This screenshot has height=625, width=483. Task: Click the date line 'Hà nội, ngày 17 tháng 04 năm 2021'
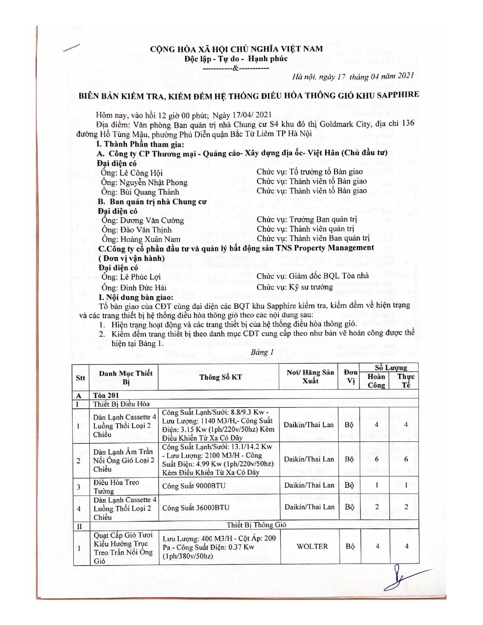(x=353, y=76)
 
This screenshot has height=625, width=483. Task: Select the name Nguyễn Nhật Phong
(x=153, y=182)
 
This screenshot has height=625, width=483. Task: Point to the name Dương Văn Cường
(x=152, y=220)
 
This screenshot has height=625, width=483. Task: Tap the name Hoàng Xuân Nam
(x=150, y=239)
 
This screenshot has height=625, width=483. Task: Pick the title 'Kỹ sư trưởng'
(x=311, y=287)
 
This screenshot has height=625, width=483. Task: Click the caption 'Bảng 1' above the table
(x=262, y=352)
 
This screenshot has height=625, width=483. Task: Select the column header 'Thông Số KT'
(x=220, y=377)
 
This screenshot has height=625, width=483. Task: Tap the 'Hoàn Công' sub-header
(x=376, y=381)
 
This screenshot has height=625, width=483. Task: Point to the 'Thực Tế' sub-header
(x=406, y=381)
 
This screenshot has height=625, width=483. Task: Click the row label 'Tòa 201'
(x=106, y=395)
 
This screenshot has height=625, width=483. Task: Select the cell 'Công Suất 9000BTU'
(x=194, y=486)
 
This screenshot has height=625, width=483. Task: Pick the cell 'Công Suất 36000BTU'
(x=195, y=508)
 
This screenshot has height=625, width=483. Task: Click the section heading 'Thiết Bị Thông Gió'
(x=256, y=525)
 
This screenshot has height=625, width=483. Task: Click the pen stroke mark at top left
(x=72, y=48)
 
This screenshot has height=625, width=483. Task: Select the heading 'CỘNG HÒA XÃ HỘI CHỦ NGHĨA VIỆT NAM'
(x=236, y=48)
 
